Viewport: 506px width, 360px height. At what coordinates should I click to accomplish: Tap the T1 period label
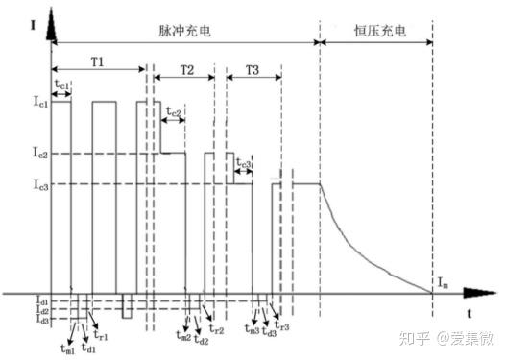coord(98,60)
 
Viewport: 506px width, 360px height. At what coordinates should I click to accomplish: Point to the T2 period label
coord(187,71)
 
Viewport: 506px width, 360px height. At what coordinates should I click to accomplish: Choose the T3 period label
coord(252,71)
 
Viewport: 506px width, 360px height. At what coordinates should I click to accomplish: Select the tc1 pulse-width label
coord(61,84)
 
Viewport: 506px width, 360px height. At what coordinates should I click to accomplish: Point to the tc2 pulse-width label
coord(173,113)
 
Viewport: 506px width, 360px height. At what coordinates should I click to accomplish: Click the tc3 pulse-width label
coord(243,166)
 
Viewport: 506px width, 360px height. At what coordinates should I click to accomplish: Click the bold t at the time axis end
coord(469,313)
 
